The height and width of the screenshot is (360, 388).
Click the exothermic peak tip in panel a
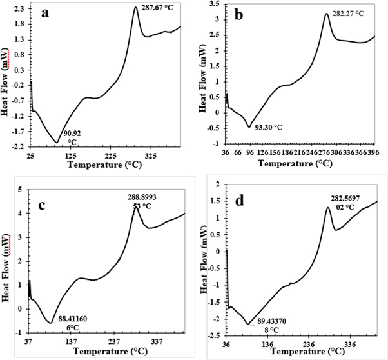coord(135,8)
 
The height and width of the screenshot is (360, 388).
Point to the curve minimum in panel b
coord(249,126)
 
